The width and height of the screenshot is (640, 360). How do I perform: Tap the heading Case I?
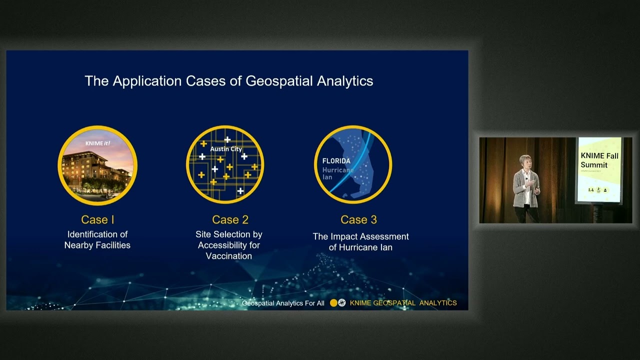point(97,219)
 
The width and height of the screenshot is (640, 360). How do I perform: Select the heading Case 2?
point(230,219)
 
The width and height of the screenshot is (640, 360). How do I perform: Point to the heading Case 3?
point(358,219)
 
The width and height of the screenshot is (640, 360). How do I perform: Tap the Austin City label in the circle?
point(226,149)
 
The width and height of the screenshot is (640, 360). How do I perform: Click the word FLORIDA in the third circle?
point(336,161)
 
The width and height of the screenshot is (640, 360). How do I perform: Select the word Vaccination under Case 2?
point(229,256)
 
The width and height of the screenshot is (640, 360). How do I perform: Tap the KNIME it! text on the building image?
point(97,143)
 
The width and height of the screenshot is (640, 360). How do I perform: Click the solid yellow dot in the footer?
point(333,303)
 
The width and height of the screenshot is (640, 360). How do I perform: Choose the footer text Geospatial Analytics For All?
point(283,303)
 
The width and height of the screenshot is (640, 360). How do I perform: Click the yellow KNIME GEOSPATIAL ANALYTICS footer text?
point(403,303)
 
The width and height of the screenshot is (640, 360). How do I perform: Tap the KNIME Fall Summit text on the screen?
point(599,160)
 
